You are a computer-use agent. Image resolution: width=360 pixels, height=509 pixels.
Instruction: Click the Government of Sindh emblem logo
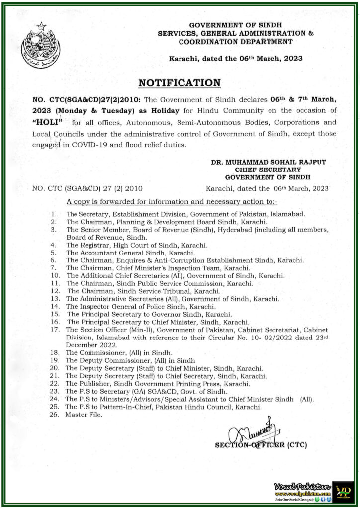click(40, 46)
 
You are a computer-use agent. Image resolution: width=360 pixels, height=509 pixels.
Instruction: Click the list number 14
click(55, 307)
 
